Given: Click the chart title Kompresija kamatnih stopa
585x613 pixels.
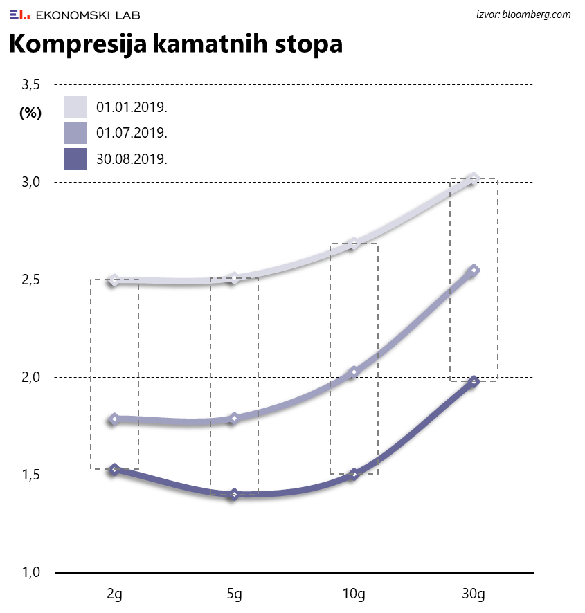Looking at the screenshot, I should click(175, 44).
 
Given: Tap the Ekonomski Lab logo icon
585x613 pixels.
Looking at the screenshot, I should click(19, 14).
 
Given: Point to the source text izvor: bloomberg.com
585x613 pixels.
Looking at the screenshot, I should click(523, 15).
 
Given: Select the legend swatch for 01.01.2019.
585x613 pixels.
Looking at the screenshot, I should click(75, 107).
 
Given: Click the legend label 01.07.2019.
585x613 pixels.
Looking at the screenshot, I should click(132, 133).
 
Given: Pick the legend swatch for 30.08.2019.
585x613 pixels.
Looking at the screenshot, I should click(75, 158).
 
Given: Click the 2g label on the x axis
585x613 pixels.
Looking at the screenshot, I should click(114, 594).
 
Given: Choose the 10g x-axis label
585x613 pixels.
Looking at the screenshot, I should click(354, 594).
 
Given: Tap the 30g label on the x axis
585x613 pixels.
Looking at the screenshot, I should click(474, 594).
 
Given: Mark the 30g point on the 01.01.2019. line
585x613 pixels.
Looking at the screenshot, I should click(474, 179).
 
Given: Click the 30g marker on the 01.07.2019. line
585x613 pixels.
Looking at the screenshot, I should click(474, 270).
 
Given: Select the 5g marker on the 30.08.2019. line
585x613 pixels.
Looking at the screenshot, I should click(234, 494).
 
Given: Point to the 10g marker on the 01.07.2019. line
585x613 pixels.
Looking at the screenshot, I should click(354, 372).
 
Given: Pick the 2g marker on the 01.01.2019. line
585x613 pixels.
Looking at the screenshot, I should click(114, 280).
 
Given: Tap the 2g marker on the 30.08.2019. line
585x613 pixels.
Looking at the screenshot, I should click(114, 469).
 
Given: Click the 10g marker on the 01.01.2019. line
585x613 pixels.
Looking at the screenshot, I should click(354, 243).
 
